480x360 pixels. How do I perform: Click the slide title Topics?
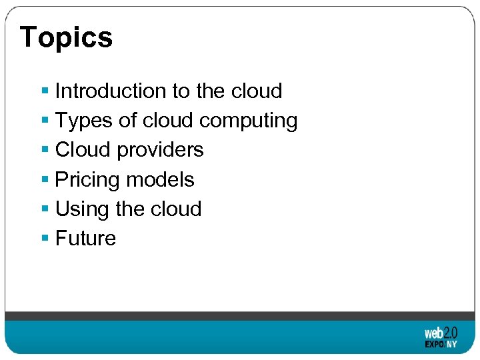[x=66, y=37]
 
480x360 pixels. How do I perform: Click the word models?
[x=160, y=180]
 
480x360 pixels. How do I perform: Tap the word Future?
[x=85, y=239]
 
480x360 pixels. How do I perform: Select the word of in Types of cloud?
[x=123, y=121]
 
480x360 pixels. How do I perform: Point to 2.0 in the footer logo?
[x=451, y=332]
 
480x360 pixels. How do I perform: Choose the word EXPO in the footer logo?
[x=435, y=345]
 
